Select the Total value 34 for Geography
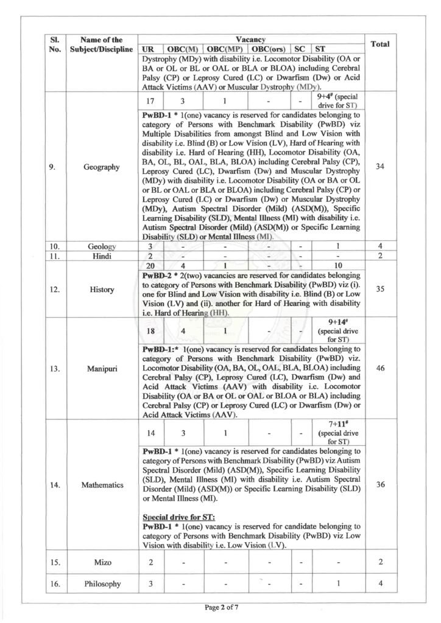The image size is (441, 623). (380, 167)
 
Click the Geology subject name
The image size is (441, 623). (102, 246)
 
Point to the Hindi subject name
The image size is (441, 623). (102, 256)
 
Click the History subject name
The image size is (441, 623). (102, 290)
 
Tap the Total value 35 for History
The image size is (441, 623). (380, 289)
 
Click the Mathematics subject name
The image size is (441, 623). (102, 485)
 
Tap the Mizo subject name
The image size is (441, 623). (102, 562)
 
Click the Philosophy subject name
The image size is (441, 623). (102, 584)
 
